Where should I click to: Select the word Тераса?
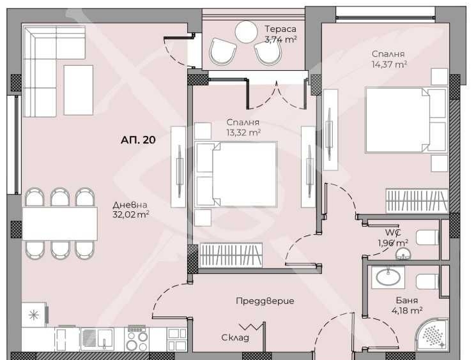pos(280,28)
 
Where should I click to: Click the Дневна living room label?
pos(126,204)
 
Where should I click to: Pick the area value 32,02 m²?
pos(130,214)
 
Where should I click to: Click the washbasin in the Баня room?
pos(389,276)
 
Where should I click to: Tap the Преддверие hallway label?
pos(265,301)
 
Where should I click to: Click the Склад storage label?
pos(235,338)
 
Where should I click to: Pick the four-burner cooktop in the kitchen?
pos(137,338)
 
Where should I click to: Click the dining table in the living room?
pos(60,223)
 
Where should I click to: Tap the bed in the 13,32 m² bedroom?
pos(236,174)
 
